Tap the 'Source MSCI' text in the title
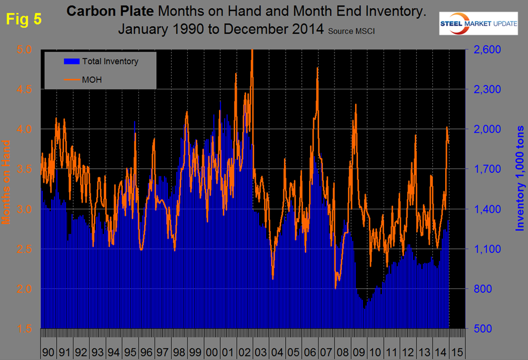(x=351, y=31)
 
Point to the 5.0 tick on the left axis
(x=25, y=49)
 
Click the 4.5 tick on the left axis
(x=25, y=89)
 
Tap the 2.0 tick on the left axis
(x=25, y=289)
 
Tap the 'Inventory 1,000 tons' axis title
(x=520, y=178)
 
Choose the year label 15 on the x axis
(x=455, y=352)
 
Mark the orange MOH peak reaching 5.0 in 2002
(x=252, y=50)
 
